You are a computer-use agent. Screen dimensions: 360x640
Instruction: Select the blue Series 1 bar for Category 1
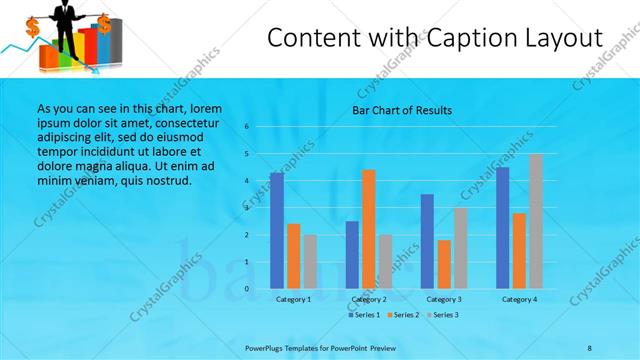pyautogui.click(x=277, y=230)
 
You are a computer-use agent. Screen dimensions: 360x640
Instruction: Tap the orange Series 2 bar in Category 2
pyautogui.click(x=368, y=229)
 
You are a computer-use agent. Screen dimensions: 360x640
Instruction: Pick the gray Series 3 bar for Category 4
pyautogui.click(x=535, y=221)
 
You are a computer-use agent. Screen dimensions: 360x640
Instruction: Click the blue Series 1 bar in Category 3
pyautogui.click(x=427, y=241)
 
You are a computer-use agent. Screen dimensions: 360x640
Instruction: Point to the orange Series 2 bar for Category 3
pyautogui.click(x=443, y=264)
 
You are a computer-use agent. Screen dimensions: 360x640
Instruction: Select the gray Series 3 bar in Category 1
pyautogui.click(x=310, y=261)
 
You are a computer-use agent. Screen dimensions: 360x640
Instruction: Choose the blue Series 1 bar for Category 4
pyautogui.click(x=502, y=227)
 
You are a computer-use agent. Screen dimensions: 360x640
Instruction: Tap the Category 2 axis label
pyautogui.click(x=368, y=299)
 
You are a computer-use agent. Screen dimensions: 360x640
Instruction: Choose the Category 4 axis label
pyautogui.click(x=519, y=299)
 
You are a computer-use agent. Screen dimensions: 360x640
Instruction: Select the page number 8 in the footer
pyautogui.click(x=589, y=346)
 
